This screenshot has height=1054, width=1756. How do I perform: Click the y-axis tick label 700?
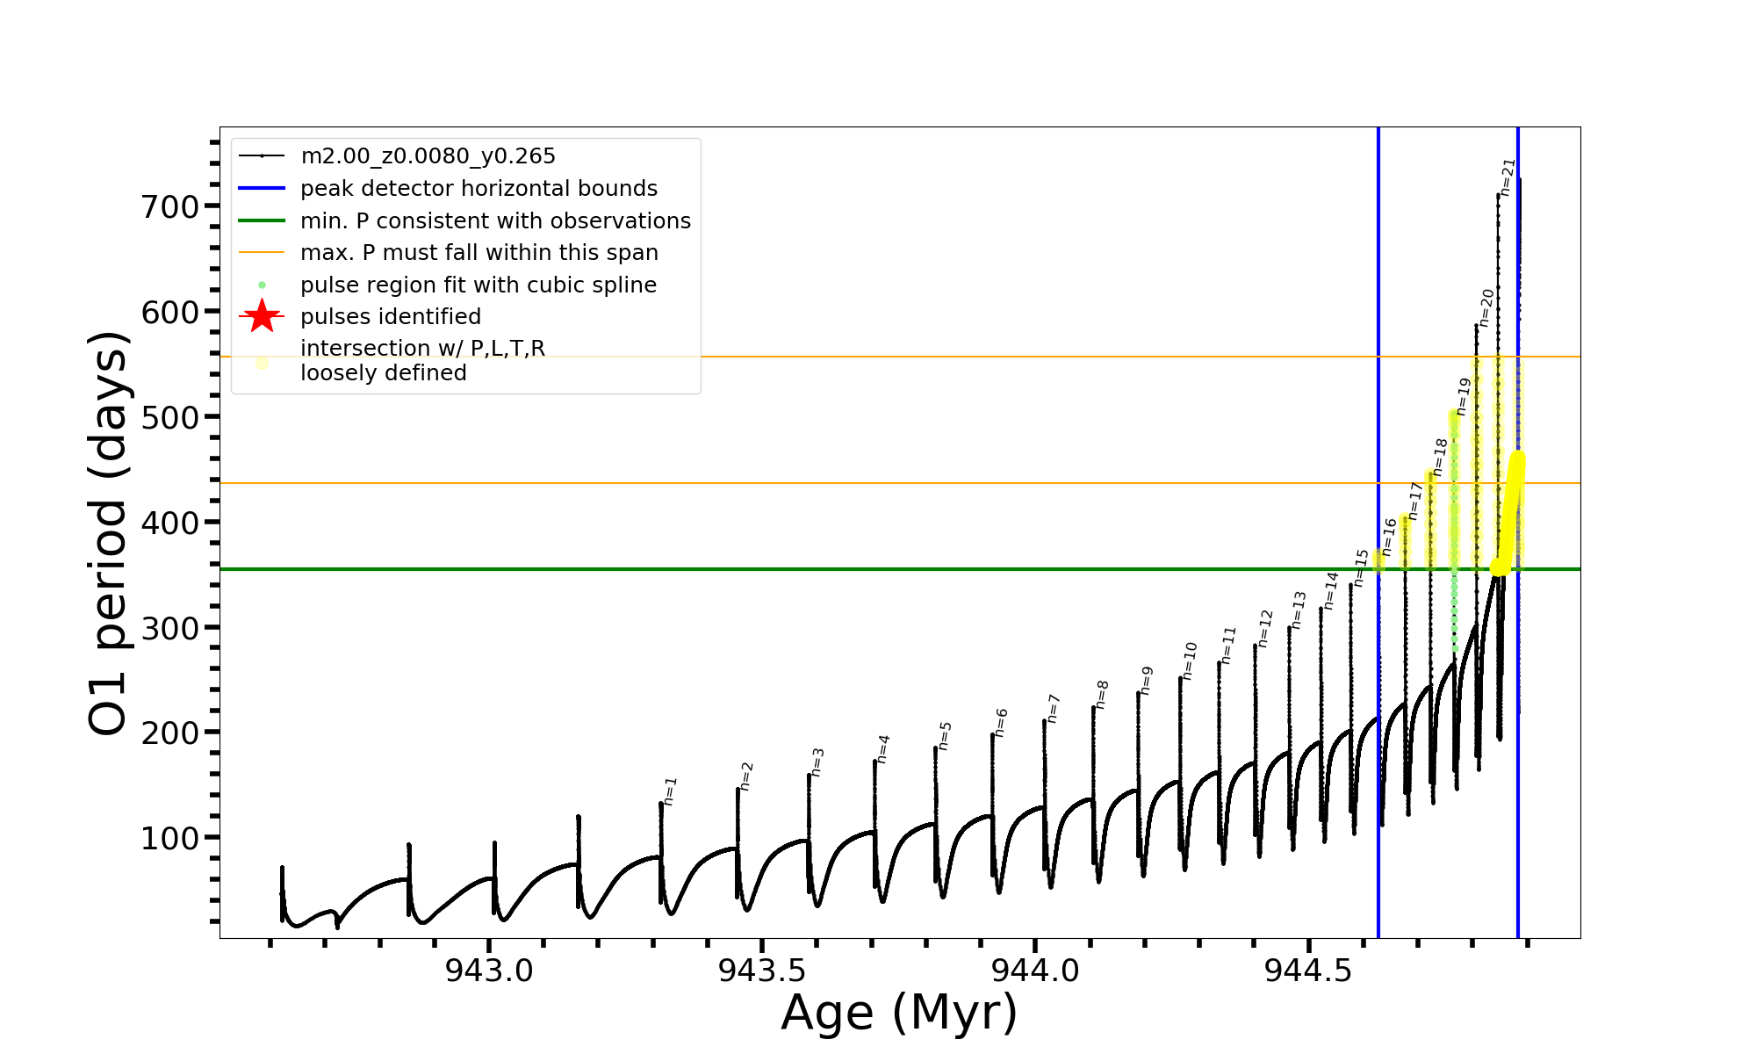tap(170, 207)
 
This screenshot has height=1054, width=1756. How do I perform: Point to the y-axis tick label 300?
tap(170, 628)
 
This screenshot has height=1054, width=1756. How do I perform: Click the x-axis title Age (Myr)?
tap(899, 1013)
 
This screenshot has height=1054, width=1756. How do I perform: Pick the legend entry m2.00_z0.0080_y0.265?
tap(428, 156)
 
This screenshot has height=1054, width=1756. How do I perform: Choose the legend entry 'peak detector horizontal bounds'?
tap(479, 189)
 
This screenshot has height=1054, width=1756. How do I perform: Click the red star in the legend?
tap(262, 317)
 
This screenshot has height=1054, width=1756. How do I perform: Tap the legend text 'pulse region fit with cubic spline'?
tap(479, 285)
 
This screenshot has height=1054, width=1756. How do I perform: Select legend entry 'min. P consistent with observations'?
tap(495, 221)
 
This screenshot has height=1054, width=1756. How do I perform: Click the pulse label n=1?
tap(671, 790)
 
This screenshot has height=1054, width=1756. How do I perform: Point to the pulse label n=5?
tap(945, 735)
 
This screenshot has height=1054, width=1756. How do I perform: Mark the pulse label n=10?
tap(1190, 661)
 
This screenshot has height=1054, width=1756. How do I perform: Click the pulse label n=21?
tap(1508, 177)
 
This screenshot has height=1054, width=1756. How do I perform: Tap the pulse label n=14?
tap(1331, 590)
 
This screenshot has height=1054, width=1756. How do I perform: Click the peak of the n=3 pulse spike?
tap(809, 775)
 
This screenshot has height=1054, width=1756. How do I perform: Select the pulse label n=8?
tap(1102, 694)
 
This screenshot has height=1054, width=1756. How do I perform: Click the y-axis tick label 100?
tap(170, 839)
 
